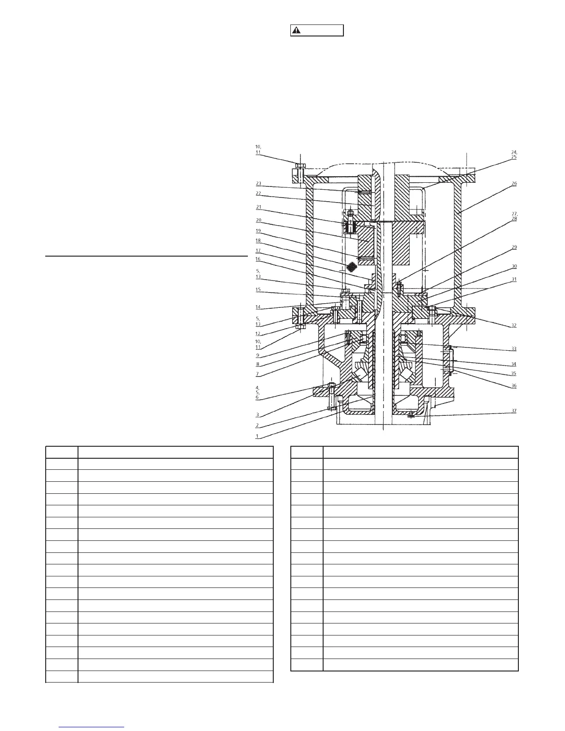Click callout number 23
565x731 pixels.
pos(258,183)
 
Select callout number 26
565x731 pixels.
pos(514,183)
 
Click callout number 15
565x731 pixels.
pos(258,290)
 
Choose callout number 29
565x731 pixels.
pos(514,247)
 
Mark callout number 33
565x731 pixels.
pos(514,348)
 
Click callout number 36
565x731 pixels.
pos(514,385)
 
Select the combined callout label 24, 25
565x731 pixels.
pos(514,155)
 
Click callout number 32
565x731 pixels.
pos(514,325)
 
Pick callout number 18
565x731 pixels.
pos(258,240)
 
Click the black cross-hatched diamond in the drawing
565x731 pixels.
pos(352,267)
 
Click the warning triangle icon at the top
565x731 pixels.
pos(296,30)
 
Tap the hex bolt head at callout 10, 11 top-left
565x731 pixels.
pos(299,165)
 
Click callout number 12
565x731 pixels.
pos(258,334)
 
